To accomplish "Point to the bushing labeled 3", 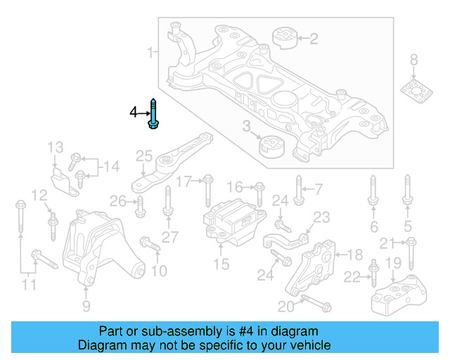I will click(271, 148).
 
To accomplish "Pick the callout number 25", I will click(144, 155).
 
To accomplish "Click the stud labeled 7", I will click(299, 191).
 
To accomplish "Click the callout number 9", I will click(86, 306).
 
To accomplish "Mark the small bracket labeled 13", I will click(64, 179).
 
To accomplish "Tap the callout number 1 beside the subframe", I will click(150, 52).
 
